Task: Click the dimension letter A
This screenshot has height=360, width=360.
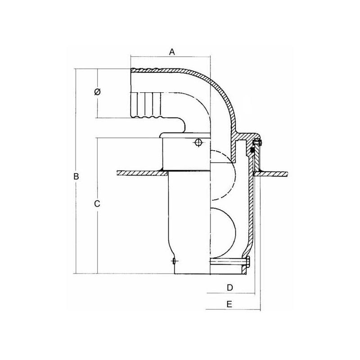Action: [172, 52]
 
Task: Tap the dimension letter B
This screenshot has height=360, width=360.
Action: [76, 176]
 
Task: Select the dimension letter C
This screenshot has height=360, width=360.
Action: [97, 204]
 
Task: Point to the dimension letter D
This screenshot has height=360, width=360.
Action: [229, 288]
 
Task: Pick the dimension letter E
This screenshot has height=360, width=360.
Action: [229, 304]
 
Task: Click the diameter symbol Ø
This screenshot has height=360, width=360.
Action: [97, 92]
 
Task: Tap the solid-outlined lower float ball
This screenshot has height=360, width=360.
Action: [223, 232]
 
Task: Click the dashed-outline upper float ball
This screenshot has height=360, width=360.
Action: [223, 175]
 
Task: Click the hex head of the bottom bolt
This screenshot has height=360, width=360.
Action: [248, 262]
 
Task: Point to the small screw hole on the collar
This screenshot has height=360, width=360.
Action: [198, 143]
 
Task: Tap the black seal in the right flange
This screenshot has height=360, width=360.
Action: [252, 150]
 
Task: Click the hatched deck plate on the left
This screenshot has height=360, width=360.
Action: [142, 173]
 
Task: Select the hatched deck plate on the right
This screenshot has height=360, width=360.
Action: [272, 174]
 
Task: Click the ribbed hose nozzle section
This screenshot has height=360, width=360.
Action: [145, 105]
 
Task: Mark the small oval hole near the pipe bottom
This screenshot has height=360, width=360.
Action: [174, 261]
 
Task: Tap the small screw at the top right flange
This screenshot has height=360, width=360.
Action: [257, 143]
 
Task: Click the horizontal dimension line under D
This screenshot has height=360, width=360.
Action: [231, 293]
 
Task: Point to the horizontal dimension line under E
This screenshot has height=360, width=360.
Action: [233, 310]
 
